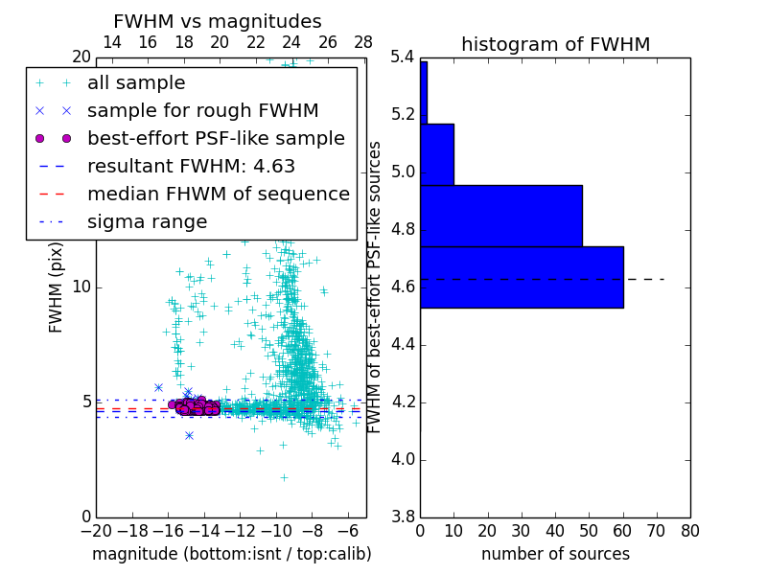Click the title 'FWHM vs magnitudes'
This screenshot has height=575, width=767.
pyautogui.click(x=218, y=21)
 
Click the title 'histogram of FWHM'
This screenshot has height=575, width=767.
pyautogui.click(x=555, y=44)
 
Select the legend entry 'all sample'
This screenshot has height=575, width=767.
pyautogui.click(x=136, y=83)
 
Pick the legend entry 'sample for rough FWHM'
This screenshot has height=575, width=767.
pyautogui.click(x=203, y=110)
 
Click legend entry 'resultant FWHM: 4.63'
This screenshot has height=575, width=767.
pyautogui.click(x=191, y=166)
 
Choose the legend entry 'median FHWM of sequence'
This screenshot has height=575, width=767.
pyautogui.click(x=218, y=194)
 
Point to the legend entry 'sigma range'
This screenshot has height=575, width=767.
pyautogui.click(x=147, y=221)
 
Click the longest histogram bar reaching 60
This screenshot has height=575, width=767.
pyautogui.click(x=522, y=277)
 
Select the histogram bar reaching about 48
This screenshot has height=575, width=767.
pyautogui.click(x=500, y=216)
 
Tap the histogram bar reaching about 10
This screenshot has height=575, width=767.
pyautogui.click(x=436, y=154)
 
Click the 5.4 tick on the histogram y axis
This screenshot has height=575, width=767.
pyautogui.click(x=402, y=57)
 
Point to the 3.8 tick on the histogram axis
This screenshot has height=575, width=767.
pyautogui.click(x=402, y=517)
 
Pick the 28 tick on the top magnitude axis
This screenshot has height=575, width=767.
pyautogui.click(x=363, y=42)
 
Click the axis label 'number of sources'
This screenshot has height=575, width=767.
pyautogui.click(x=555, y=554)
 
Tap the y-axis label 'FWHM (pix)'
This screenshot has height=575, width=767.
pyautogui.click(x=57, y=287)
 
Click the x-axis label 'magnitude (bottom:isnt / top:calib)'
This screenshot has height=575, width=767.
pyautogui.click(x=231, y=554)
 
